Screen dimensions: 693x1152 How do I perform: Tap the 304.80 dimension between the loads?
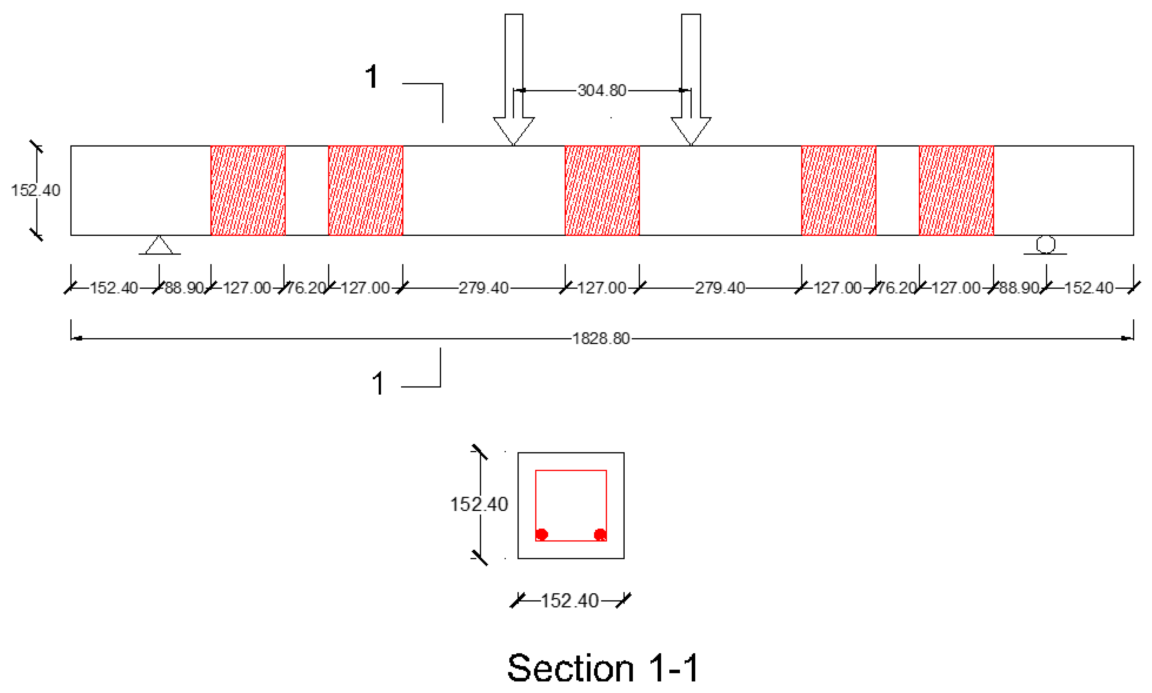(x=602, y=90)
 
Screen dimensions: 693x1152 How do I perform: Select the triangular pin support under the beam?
(x=159, y=245)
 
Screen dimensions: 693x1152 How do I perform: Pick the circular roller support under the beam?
(x=1046, y=244)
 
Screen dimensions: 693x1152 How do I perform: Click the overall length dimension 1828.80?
(x=601, y=338)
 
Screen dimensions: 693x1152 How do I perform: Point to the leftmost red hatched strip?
(x=248, y=191)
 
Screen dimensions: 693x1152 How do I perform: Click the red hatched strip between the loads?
(x=602, y=191)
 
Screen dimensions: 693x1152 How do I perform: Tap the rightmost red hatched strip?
(x=956, y=191)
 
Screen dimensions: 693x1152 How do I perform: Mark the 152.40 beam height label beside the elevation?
(x=35, y=191)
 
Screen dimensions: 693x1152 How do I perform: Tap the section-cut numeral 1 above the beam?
(x=371, y=77)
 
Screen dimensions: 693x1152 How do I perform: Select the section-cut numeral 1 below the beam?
(x=378, y=384)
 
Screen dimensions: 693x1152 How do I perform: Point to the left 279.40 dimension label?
(x=483, y=288)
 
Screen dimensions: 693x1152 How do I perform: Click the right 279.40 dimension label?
(x=720, y=288)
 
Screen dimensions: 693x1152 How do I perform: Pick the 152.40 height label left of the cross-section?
(x=479, y=504)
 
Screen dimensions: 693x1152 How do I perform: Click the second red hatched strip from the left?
(x=366, y=191)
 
